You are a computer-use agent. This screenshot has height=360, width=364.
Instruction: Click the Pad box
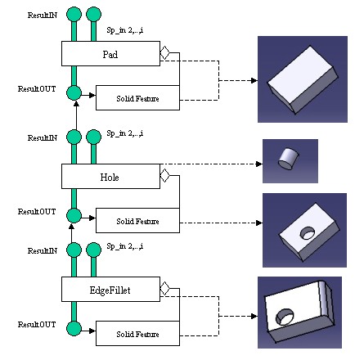pyautogui.click(x=110, y=53)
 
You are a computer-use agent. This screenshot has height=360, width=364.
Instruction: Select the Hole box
pyautogui.click(x=110, y=176)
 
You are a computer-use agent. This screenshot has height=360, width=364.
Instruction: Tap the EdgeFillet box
pyautogui.click(x=110, y=289)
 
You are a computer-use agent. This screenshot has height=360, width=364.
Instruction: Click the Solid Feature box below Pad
pyautogui.click(x=137, y=97)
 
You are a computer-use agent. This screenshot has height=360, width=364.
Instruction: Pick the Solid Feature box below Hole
pyautogui.click(x=137, y=220)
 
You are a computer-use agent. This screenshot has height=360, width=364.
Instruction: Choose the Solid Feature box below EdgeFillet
pyautogui.click(x=137, y=333)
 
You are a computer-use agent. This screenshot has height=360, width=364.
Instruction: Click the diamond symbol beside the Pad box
pyautogui.click(x=164, y=52)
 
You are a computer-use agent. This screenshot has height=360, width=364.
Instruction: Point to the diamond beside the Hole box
pyautogui.click(x=164, y=175)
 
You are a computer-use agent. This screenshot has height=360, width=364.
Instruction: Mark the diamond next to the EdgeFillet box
pyautogui.click(x=164, y=288)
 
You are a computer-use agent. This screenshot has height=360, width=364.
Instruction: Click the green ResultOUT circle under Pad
pyautogui.click(x=74, y=92)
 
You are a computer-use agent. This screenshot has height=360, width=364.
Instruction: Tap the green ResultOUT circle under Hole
pyautogui.click(x=74, y=215)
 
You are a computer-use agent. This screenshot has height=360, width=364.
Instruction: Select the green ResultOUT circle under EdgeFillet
pyautogui.click(x=74, y=328)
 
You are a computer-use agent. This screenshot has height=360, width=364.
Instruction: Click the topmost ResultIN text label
pyautogui.click(x=43, y=16)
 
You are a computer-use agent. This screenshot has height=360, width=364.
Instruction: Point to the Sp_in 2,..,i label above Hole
pyautogui.click(x=125, y=133)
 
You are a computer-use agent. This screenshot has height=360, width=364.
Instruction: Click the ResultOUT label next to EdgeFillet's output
pyautogui.click(x=37, y=325)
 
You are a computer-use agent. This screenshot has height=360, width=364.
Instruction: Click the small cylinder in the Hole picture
pyautogui.click(x=289, y=159)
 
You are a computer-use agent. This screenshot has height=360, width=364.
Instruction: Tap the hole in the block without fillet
pyautogui.click(x=308, y=233)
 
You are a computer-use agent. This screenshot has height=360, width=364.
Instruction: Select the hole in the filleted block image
pyautogui.click(x=285, y=317)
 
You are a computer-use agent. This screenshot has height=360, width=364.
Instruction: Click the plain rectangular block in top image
pyautogui.click(x=303, y=79)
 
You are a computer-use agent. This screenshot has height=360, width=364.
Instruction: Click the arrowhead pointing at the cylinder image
pyautogui.click(x=259, y=164)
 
